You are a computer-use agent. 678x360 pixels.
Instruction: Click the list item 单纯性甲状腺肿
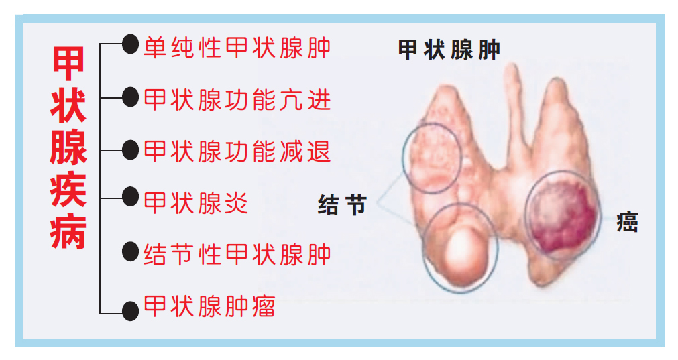click(x=237, y=47)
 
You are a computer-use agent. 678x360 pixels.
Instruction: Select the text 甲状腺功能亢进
click(x=237, y=99)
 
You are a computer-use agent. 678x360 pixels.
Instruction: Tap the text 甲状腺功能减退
click(x=237, y=152)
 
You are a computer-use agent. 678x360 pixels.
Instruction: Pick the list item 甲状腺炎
click(x=195, y=202)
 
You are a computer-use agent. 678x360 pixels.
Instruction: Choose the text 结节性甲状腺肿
click(x=237, y=255)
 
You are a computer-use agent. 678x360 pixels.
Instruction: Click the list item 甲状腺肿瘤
click(x=209, y=306)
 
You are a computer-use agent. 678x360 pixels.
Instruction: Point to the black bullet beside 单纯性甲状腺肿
click(x=130, y=44)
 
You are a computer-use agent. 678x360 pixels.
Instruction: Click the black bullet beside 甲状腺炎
click(x=130, y=197)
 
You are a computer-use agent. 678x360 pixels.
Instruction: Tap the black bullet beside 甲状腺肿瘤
click(x=130, y=311)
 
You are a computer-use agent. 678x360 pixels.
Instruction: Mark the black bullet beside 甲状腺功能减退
click(x=130, y=149)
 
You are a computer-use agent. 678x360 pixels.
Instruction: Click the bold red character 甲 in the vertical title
click(x=68, y=64)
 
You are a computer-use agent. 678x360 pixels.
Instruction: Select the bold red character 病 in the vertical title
click(x=68, y=232)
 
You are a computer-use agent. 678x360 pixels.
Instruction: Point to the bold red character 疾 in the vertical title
click(x=68, y=190)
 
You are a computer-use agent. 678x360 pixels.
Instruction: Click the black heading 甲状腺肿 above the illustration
click(x=449, y=50)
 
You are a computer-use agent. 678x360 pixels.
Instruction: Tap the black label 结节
click(x=342, y=205)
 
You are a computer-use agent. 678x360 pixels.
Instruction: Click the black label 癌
click(x=628, y=222)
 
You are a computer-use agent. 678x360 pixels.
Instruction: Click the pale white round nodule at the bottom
click(x=465, y=251)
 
